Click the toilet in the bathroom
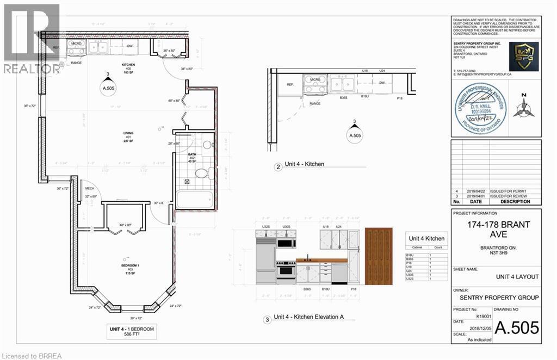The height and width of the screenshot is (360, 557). click(x=201, y=173)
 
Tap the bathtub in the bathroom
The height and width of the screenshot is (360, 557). click(x=193, y=200)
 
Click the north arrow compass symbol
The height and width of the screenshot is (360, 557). click(x=523, y=107)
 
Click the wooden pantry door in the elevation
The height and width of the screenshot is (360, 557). click(x=379, y=256)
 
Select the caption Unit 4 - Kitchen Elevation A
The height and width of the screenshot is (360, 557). click(x=306, y=318)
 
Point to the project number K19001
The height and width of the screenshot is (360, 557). click(x=467, y=315)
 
